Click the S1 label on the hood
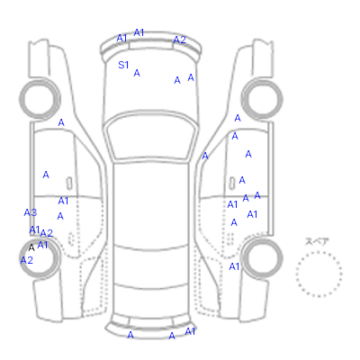point(123,65)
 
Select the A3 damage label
point(31,212)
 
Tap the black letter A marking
point(31,247)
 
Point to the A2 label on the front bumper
point(180,40)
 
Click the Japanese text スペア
point(317,241)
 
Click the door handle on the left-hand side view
point(69,184)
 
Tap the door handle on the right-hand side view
point(232,183)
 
